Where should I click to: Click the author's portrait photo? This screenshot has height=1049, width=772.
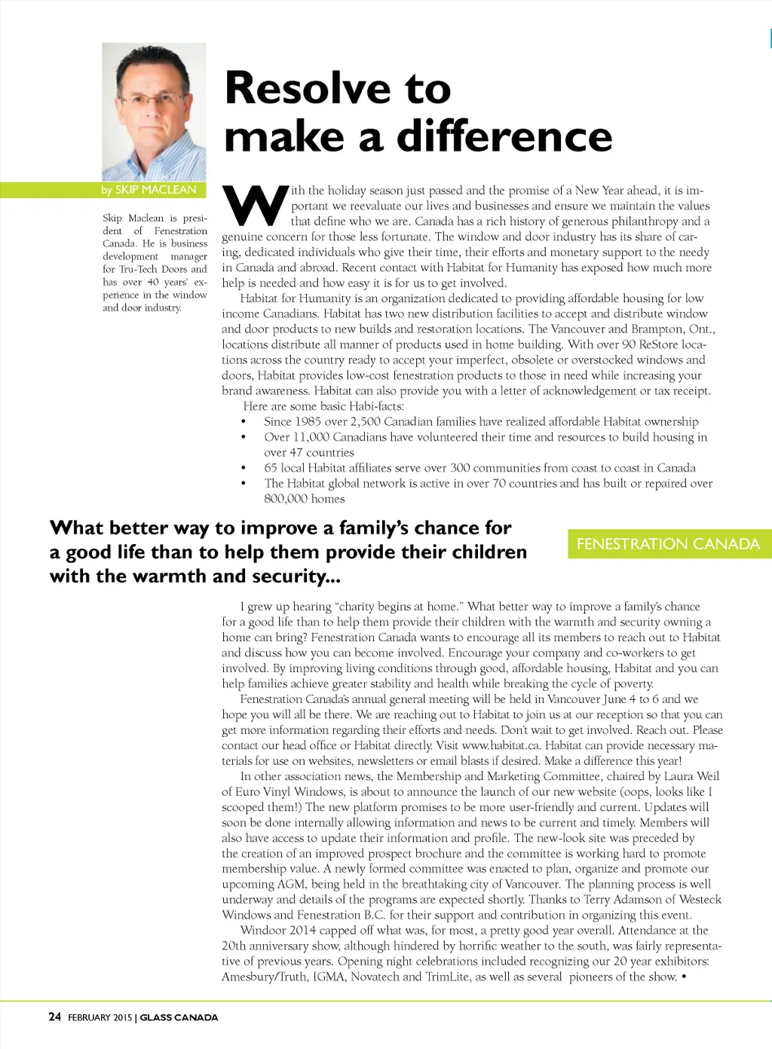(154, 112)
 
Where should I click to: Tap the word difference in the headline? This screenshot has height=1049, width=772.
(504, 137)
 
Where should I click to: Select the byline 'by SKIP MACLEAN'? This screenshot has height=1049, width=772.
(149, 190)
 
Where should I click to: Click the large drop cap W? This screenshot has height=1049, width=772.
(256, 205)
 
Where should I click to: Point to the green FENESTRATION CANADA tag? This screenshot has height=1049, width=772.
(668, 544)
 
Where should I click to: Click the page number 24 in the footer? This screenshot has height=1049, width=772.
(55, 1017)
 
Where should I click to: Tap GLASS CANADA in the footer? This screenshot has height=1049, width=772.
(179, 1017)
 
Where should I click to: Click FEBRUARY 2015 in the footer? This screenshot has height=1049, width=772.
(100, 1017)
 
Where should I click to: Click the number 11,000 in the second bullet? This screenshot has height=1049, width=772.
(311, 437)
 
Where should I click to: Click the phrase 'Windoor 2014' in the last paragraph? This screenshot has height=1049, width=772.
(277, 931)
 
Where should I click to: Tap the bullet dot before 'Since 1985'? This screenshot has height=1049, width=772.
(243, 422)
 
